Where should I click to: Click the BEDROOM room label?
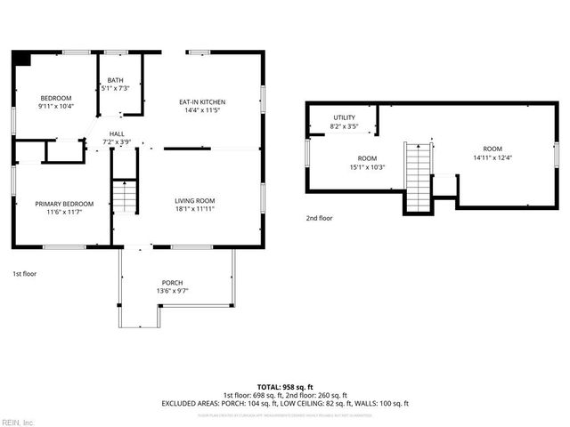[55, 98]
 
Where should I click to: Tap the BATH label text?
[115, 80]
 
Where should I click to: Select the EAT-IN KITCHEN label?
[202, 103]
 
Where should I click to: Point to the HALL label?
[116, 134]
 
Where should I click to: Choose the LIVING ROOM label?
[194, 201]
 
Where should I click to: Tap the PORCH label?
[173, 282]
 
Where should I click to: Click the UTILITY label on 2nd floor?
[345, 117]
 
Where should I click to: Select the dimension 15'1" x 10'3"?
[366, 166]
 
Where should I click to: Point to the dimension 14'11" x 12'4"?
[493, 157]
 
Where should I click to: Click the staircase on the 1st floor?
[126, 195]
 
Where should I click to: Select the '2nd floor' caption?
[319, 218]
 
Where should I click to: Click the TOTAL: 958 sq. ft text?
[284, 388]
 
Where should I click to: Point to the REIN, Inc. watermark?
[18, 422]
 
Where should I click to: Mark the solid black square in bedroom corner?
[22, 59]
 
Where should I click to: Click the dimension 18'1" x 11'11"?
[194, 211]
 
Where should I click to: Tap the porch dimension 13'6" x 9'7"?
[173, 291]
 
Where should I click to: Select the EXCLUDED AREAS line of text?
[284, 403]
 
